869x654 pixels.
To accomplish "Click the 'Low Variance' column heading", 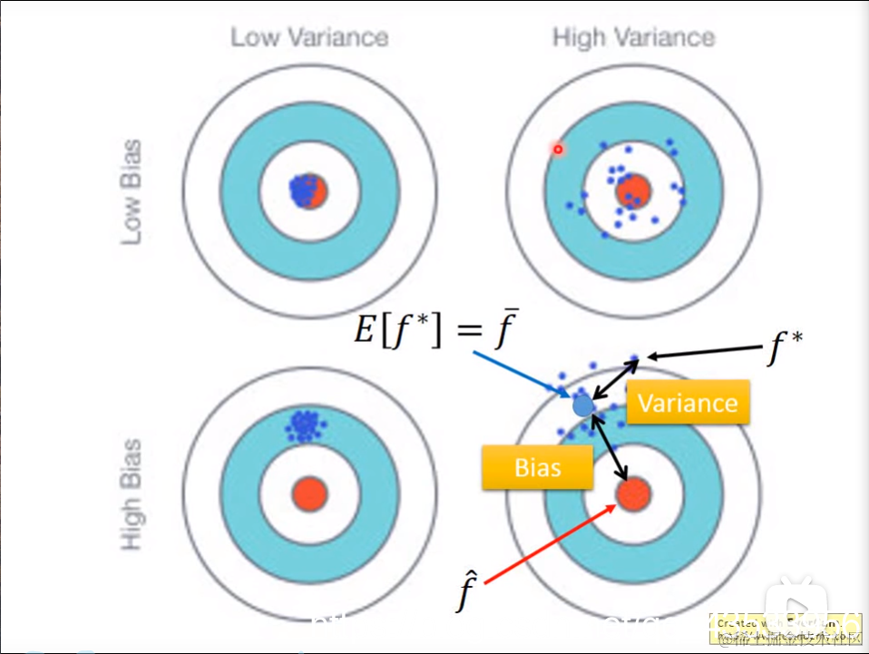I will point(308,37).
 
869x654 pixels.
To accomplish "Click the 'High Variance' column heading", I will point(633,37).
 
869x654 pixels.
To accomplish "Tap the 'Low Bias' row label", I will point(132,190).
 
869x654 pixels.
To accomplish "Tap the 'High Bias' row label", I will point(132,494).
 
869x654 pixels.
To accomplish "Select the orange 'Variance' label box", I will point(688,402).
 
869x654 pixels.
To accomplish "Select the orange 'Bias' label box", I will point(537,467).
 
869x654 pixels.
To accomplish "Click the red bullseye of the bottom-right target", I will point(633,494).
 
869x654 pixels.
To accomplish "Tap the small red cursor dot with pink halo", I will point(558,149).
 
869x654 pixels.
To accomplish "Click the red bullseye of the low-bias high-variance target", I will point(633,191).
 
